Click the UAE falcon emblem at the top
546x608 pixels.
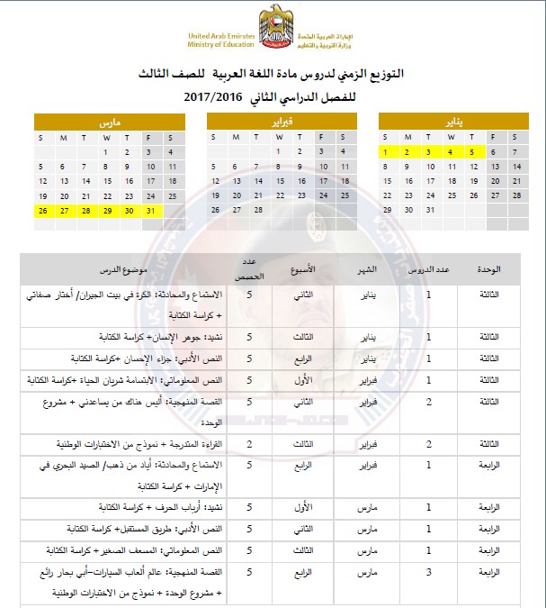(273, 27)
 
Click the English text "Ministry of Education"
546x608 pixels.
(221, 42)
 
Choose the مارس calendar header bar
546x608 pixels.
(104, 121)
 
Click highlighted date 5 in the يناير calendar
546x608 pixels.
(470, 152)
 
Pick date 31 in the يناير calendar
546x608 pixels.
(429, 210)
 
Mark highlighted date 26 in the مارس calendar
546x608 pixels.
(42, 210)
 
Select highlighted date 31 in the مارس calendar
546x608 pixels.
(149, 210)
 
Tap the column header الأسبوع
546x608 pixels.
(306, 269)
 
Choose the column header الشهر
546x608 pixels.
(368, 269)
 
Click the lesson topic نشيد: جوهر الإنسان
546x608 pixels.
(160, 336)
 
